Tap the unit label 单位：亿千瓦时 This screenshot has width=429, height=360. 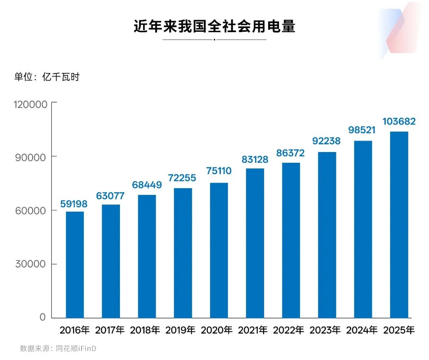[x=47, y=77]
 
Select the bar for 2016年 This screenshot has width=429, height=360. [x=75, y=264]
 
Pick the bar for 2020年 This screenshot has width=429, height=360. [x=219, y=250]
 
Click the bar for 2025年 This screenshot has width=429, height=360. [x=399, y=225]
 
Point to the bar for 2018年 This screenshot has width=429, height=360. [x=147, y=256]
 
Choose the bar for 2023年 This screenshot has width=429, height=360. [x=327, y=235]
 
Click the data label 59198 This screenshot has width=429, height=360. [x=74, y=204]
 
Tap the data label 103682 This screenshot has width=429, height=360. [x=399, y=121]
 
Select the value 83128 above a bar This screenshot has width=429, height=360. [x=255, y=160]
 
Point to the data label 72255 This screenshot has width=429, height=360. [x=182, y=178]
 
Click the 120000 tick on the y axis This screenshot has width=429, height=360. [x=31, y=104]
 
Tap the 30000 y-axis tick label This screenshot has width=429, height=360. [x=31, y=264]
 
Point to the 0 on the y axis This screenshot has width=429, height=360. [x=43, y=318]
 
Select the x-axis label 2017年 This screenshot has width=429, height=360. [x=110, y=330]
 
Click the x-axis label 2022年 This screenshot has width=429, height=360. [x=290, y=330]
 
